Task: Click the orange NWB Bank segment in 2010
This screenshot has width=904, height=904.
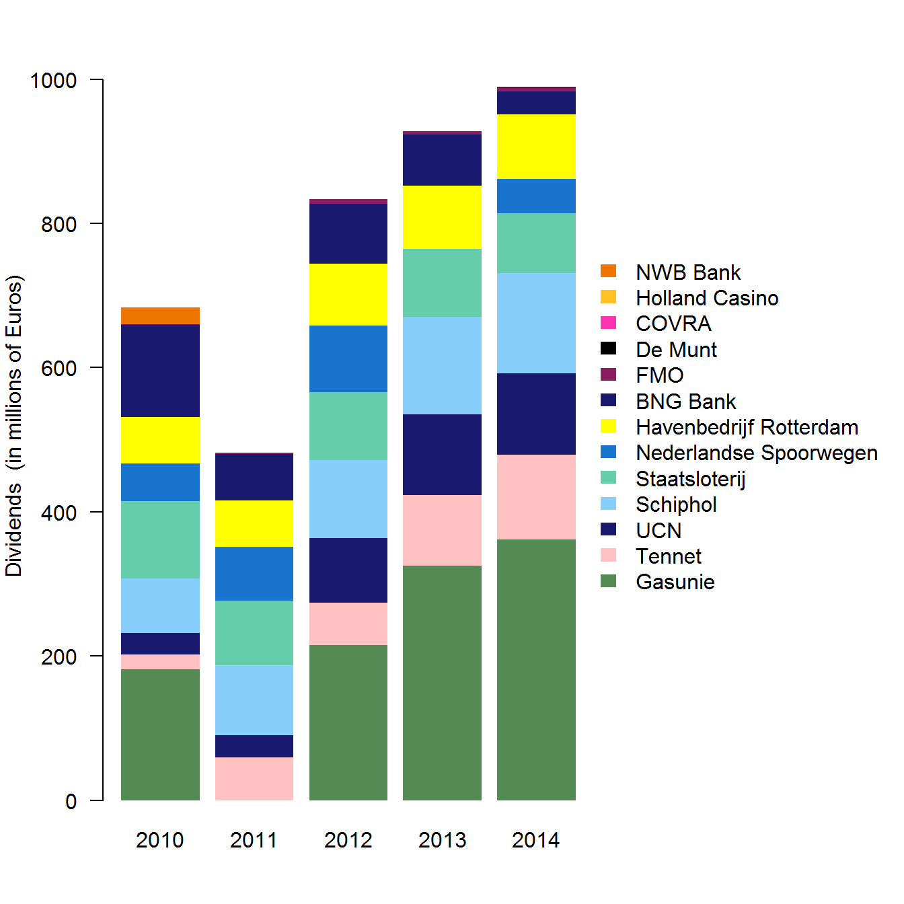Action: [160, 315]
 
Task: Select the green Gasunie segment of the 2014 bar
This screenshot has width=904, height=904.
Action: [536, 669]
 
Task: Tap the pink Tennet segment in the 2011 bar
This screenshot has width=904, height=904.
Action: [254, 778]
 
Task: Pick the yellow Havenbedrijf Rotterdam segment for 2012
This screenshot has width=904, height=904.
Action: [348, 294]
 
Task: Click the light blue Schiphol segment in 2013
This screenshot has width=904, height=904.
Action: [442, 365]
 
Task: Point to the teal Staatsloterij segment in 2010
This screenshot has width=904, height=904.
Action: [160, 539]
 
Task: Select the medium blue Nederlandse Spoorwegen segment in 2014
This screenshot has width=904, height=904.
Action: [536, 196]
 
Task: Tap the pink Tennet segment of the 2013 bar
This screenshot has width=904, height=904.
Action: [442, 530]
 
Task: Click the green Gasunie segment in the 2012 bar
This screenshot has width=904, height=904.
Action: [348, 722]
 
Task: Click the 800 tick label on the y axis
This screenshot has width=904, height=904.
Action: [59, 224]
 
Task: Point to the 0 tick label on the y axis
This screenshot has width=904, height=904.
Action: [71, 801]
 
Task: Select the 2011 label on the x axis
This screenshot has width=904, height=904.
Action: [254, 840]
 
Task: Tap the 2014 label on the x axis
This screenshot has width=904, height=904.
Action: [536, 840]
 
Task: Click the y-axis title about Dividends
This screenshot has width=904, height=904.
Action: [14, 426]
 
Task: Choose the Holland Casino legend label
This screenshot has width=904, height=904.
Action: [707, 298]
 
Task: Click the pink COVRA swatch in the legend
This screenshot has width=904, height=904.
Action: [608, 323]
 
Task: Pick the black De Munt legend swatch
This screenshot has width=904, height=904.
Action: [608, 348]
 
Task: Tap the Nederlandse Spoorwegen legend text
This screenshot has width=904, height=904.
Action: [757, 453]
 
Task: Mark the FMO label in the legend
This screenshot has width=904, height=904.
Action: [660, 375]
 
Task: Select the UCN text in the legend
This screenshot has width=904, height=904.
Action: [658, 531]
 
